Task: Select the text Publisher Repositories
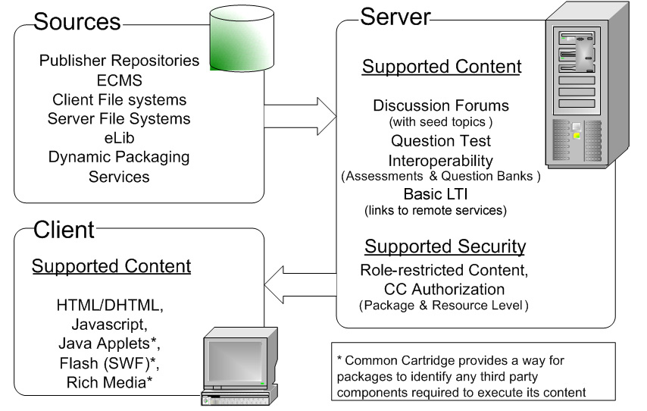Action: pyautogui.click(x=119, y=61)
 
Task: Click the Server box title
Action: pyautogui.click(x=395, y=17)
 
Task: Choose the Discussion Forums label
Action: pyautogui.click(x=441, y=105)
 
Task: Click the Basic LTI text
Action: pyautogui.click(x=434, y=193)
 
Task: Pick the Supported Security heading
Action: pyautogui.click(x=445, y=247)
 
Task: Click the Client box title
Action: pyautogui.click(x=64, y=230)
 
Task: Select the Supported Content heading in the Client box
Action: pyautogui.click(x=111, y=267)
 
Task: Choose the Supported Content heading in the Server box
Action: pyautogui.click(x=442, y=67)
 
